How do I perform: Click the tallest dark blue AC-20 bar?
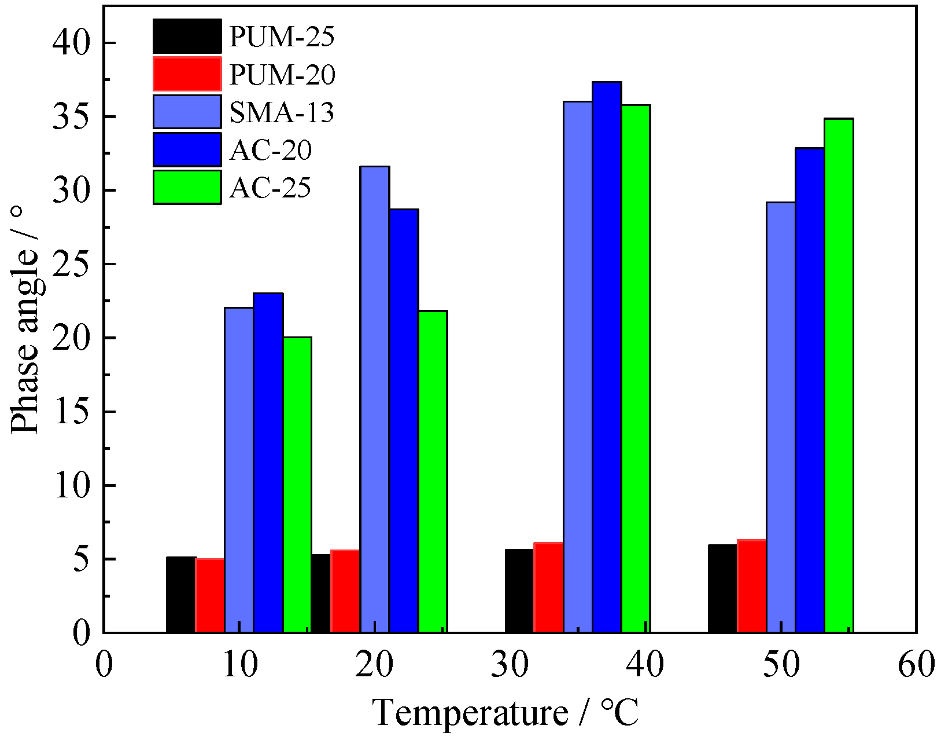(607, 357)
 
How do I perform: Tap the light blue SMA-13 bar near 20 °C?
(375, 400)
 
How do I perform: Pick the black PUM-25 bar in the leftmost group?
(180, 595)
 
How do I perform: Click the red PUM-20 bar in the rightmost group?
(751, 586)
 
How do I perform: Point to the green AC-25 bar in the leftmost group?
(297, 485)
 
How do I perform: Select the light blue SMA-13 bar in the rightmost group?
(780, 417)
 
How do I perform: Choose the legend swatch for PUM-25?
(187, 36)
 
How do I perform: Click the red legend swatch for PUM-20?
(187, 74)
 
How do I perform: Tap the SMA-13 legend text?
(282, 112)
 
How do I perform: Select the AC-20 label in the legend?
(271, 150)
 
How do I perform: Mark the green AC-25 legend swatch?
(187, 187)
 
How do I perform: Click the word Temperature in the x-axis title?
(470, 712)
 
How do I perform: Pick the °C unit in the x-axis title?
(619, 712)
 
